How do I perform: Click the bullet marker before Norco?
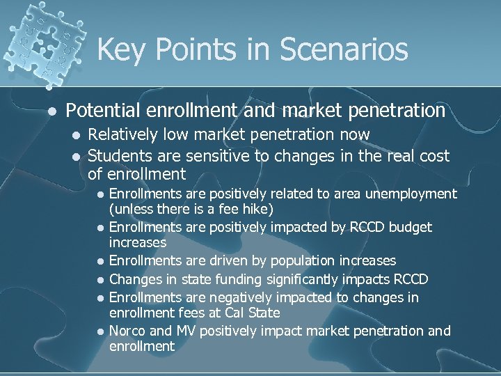click(x=101, y=331)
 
